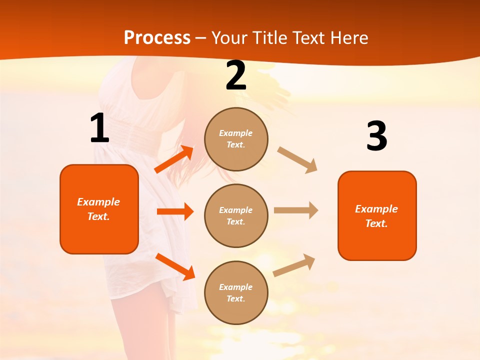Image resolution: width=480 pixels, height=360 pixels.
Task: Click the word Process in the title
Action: (157, 38)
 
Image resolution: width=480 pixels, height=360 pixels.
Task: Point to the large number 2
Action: (236, 75)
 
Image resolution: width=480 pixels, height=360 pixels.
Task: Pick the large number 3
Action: (376, 136)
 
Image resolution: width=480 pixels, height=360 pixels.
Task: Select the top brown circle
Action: (236, 139)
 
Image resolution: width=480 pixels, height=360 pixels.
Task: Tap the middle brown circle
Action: (236, 215)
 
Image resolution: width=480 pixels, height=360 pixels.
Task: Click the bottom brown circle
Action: (236, 292)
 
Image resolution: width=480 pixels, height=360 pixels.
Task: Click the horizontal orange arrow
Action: (175, 211)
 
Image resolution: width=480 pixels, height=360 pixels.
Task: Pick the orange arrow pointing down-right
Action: (175, 266)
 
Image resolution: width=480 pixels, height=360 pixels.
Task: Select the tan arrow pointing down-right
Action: (297, 159)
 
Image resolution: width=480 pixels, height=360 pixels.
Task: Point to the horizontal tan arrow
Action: (296, 210)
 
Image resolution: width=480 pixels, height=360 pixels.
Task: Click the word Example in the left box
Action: (98, 202)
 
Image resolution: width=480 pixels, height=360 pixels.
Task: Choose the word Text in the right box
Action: (376, 223)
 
